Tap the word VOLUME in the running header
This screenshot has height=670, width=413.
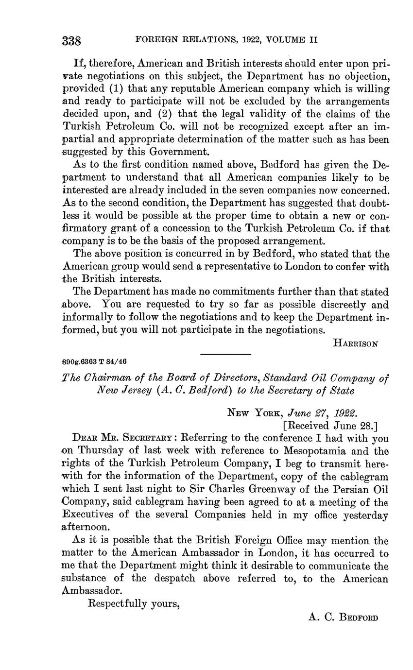tap(285, 40)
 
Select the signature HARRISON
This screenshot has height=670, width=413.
tap(356, 343)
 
